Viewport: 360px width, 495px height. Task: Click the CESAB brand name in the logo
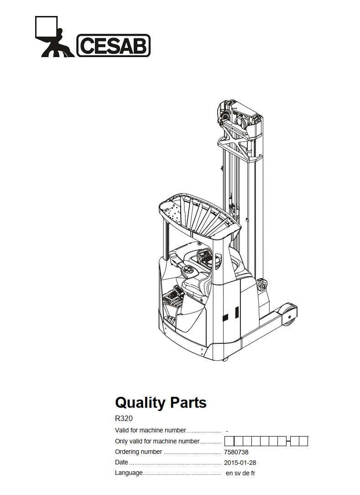tap(114, 46)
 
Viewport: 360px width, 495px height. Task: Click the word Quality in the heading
tap(141, 403)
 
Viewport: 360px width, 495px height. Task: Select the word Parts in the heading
tap(188, 402)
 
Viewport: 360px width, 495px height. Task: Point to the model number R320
tap(124, 418)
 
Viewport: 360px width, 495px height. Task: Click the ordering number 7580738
tap(236, 452)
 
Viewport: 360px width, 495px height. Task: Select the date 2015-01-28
tap(240, 463)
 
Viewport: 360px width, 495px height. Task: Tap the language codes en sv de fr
tap(240, 473)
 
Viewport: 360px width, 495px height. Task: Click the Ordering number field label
tap(139, 452)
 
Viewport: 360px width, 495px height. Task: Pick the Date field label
tap(121, 462)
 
